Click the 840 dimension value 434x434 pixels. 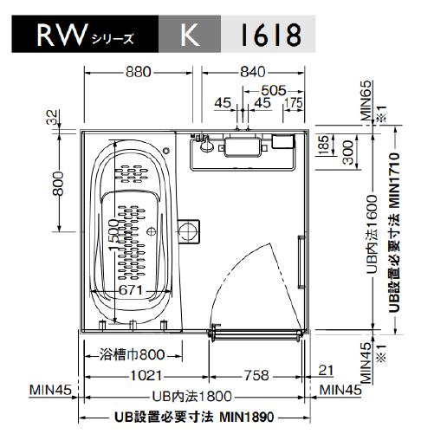[252, 72]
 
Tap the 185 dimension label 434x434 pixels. [323, 143]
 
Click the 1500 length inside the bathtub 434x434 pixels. [115, 230]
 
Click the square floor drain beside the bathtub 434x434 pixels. [190, 230]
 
